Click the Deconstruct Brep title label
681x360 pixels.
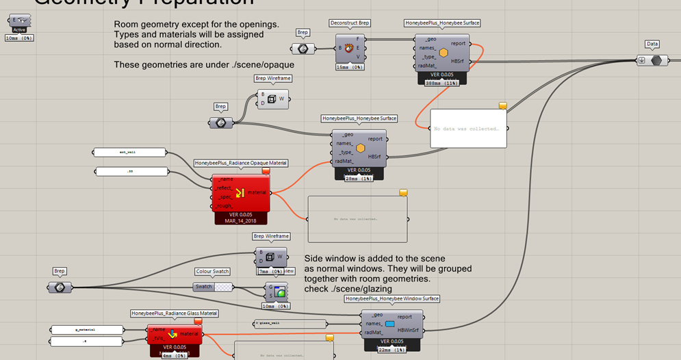tap(349, 23)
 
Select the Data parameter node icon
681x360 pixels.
tap(656, 60)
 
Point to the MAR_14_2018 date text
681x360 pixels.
tap(240, 221)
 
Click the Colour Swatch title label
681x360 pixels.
tap(212, 272)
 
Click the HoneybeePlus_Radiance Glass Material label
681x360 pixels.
tap(174, 313)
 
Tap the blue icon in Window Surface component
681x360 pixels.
tap(390, 324)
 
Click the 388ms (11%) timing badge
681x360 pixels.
tap(442, 82)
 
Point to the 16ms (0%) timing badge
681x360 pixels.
tap(349, 67)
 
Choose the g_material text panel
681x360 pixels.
tap(88, 330)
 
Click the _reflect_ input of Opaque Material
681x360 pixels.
tap(224, 188)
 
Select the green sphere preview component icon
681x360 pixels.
tap(280, 292)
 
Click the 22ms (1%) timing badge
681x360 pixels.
tap(391, 350)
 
